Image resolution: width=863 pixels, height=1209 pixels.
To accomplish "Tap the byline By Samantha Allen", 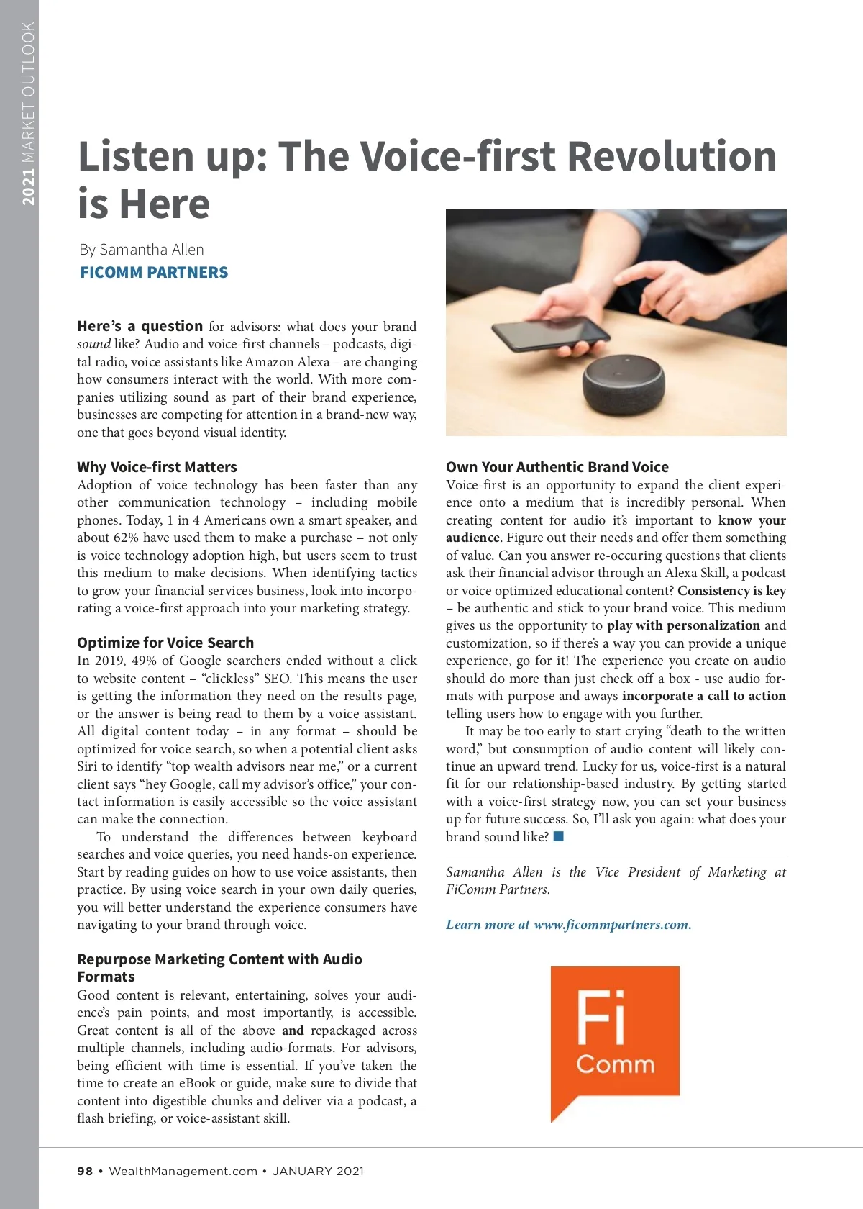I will tap(142, 250).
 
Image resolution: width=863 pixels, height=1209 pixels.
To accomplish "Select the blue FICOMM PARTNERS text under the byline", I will tap(154, 273).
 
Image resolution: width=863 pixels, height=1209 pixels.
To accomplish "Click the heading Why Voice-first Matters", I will tap(157, 467).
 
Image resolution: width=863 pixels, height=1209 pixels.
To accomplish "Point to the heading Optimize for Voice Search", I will tap(165, 643).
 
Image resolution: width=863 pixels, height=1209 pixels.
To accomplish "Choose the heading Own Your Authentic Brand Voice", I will tap(557, 467).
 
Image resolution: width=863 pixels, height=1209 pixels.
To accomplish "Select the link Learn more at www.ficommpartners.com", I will tap(568, 925).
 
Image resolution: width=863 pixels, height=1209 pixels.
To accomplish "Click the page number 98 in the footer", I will tap(85, 1171).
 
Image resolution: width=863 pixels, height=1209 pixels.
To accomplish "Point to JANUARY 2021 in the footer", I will tap(318, 1171).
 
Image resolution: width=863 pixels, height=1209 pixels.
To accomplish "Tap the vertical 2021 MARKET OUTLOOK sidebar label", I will tap(28, 114).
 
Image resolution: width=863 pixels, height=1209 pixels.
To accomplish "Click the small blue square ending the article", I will tap(559, 836).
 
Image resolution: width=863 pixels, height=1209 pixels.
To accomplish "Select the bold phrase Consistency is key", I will tap(731, 591).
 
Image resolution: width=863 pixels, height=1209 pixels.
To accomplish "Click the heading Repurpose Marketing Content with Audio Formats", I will tap(219, 967).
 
